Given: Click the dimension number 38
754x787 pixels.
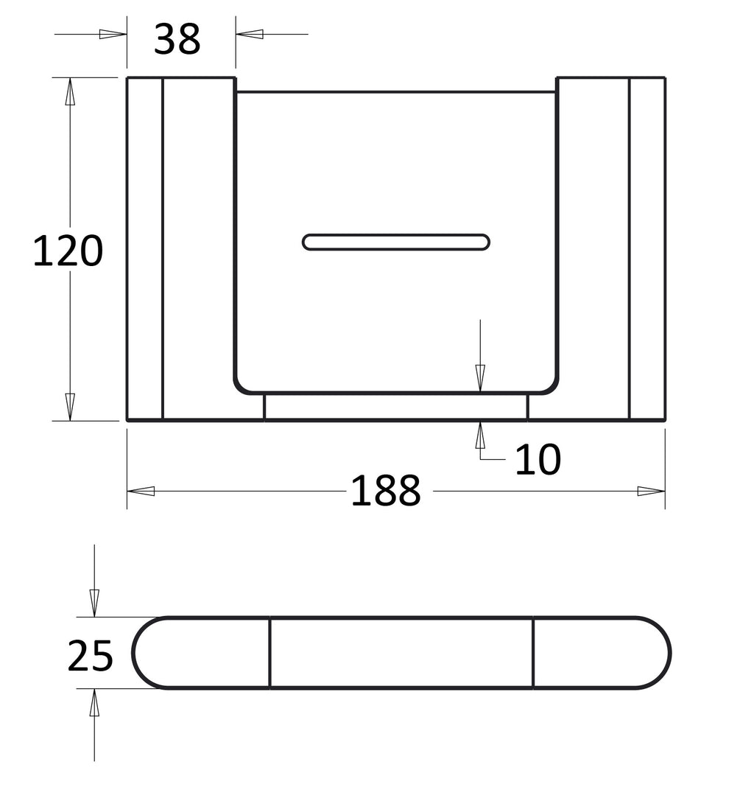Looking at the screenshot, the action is point(177,38).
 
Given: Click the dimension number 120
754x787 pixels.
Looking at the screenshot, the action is point(68,251).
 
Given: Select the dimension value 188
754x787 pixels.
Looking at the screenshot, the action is point(385,490).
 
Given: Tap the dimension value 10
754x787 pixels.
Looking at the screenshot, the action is point(538,459).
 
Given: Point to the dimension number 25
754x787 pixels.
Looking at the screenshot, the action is point(91,656).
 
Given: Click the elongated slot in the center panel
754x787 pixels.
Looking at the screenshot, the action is point(396,242).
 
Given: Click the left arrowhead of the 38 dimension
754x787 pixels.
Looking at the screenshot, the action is point(113,34).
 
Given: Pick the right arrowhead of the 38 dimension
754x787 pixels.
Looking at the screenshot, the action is point(250,34).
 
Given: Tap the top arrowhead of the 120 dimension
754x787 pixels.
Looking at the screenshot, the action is point(70,91).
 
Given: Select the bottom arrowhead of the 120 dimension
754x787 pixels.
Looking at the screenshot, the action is point(70,407).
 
